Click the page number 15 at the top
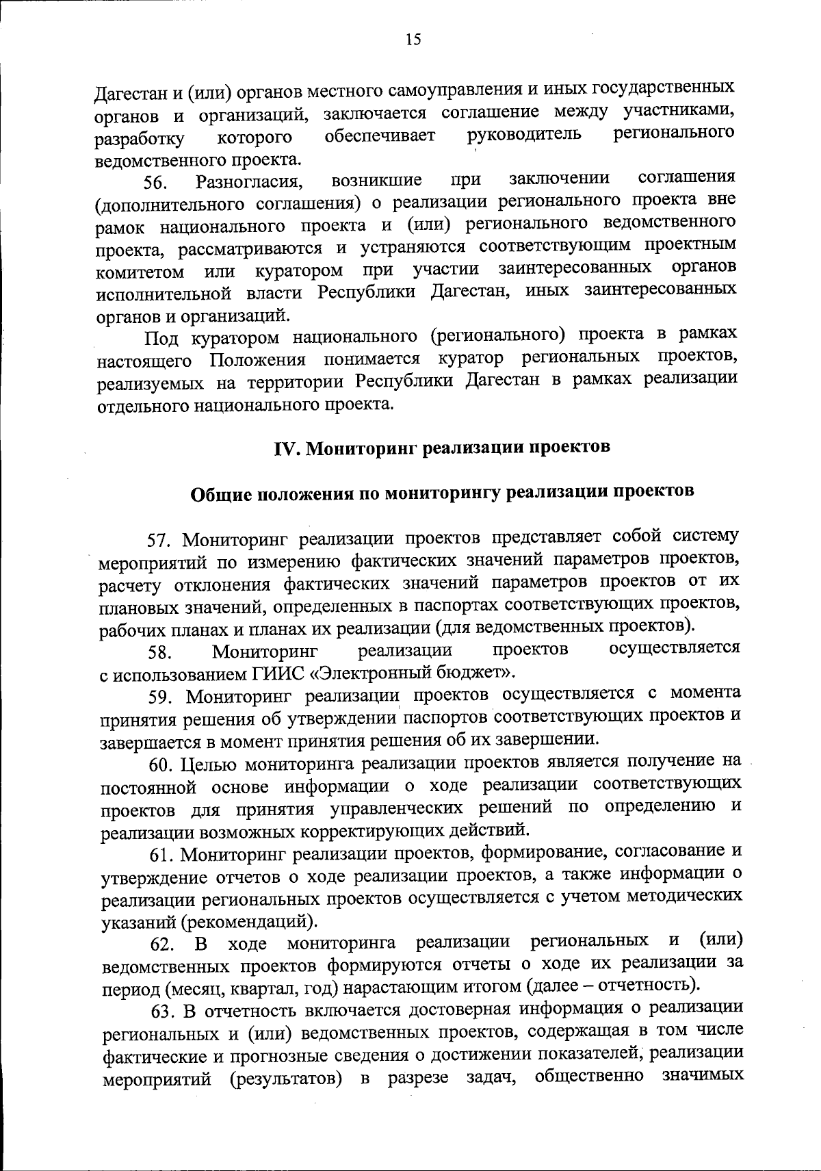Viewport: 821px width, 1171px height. tap(413, 39)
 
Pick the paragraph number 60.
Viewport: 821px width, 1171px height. tap(161, 764)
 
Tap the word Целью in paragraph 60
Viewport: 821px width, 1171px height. tap(206, 763)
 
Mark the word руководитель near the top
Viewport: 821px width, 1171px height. tap(525, 135)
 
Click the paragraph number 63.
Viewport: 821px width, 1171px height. tap(161, 1011)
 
